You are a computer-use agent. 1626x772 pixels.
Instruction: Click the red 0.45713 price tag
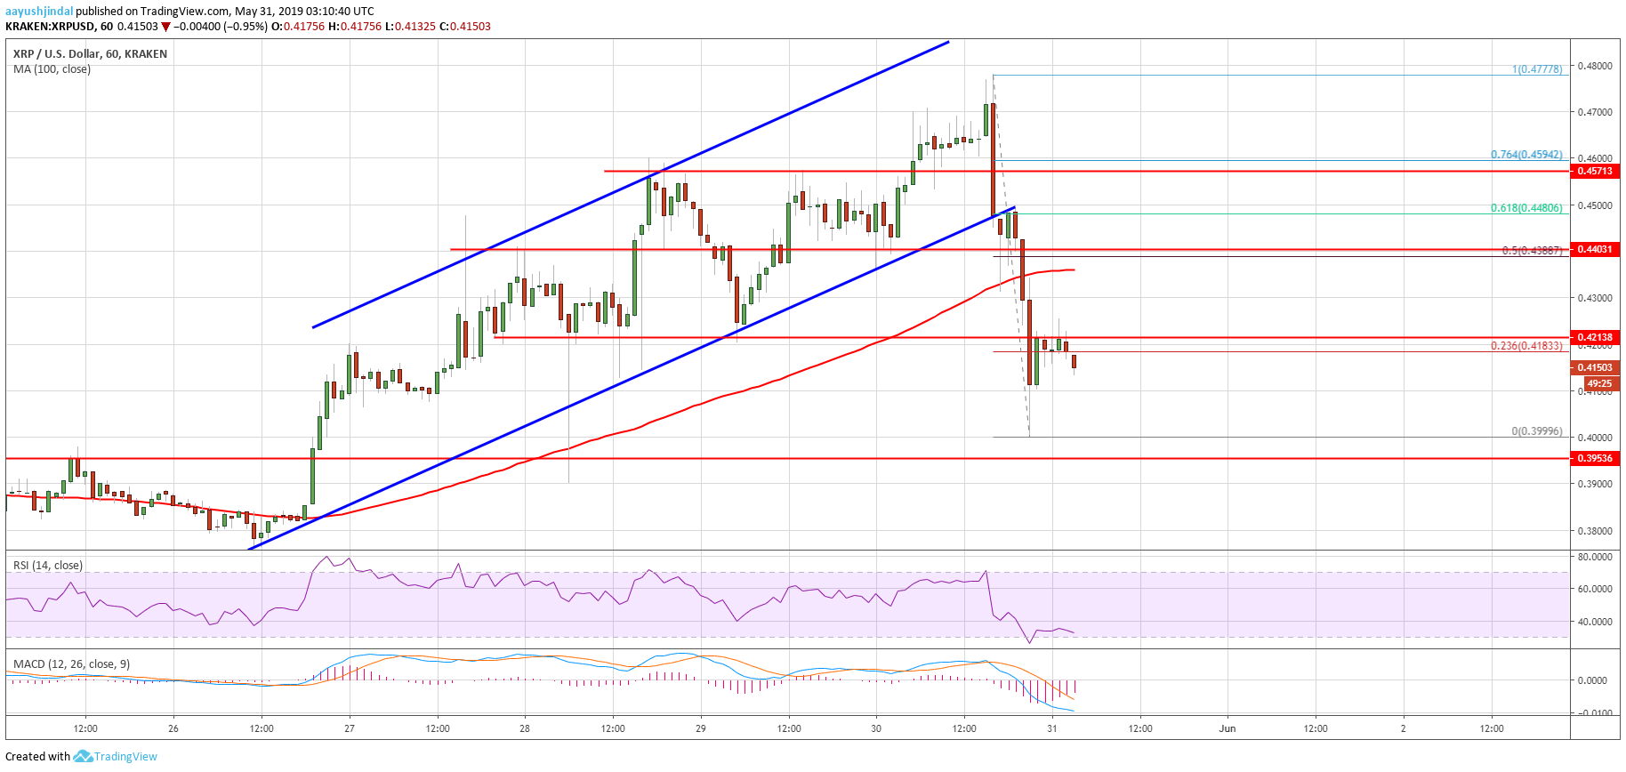[1595, 171]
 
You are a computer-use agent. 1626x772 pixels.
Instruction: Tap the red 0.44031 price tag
[1595, 249]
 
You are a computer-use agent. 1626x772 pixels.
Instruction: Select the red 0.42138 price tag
[1595, 337]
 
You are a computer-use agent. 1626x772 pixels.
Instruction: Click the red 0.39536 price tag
[1595, 458]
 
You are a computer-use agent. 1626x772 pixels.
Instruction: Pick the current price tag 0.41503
[1595, 367]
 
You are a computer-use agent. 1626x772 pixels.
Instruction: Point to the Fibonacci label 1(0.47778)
[1537, 69]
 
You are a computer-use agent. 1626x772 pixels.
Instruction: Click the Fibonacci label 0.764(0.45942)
[1526, 155]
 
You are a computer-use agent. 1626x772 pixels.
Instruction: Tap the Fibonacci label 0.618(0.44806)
[1526, 208]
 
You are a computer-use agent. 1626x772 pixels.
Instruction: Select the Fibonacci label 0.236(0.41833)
[1526, 346]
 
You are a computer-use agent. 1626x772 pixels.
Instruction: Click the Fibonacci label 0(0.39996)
[1537, 431]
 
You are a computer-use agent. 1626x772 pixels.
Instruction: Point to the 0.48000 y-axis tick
[1595, 66]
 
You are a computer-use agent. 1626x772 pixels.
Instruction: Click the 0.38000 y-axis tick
[1595, 531]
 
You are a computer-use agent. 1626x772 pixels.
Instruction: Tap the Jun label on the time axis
[1228, 728]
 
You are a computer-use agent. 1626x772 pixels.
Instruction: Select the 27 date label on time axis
[350, 728]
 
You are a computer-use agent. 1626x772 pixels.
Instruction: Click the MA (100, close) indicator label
[52, 69]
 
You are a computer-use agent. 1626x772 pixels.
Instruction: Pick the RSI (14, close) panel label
[48, 566]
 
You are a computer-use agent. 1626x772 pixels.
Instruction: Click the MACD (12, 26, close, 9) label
[71, 664]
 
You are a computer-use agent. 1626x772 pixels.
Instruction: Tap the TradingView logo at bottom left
[116, 757]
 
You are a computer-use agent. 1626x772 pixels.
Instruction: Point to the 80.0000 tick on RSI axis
[1595, 557]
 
